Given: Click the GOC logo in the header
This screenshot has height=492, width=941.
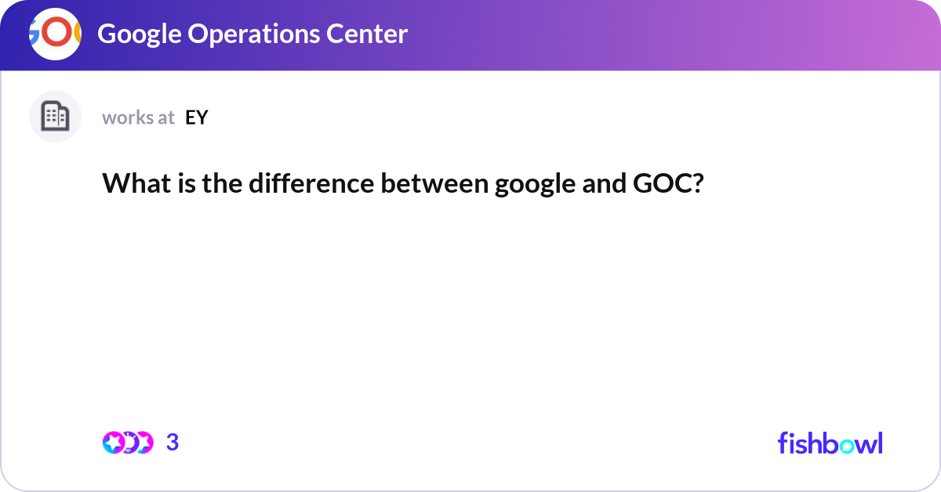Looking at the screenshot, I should pyautogui.click(x=55, y=34).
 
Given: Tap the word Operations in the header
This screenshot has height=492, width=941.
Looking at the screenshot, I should pyautogui.click(x=250, y=34).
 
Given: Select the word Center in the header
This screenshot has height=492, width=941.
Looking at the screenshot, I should pyautogui.click(x=368, y=34).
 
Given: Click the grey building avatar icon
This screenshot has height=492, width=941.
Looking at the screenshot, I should pyautogui.click(x=55, y=117).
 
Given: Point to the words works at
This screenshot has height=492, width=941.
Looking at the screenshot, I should pyautogui.click(x=138, y=118).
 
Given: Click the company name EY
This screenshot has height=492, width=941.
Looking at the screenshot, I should pyautogui.click(x=197, y=118).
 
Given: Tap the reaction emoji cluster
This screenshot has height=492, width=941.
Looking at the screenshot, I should pyautogui.click(x=127, y=443).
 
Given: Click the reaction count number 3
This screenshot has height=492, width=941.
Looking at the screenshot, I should pyautogui.click(x=173, y=443).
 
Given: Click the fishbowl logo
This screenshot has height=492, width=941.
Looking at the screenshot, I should pyautogui.click(x=830, y=443).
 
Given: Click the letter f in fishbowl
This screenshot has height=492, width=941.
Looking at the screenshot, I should pyautogui.click(x=783, y=443).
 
